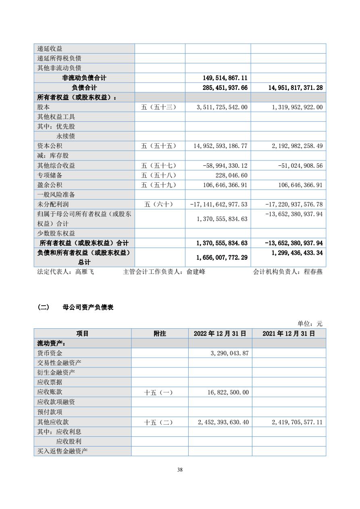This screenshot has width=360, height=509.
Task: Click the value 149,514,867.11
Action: click(221, 78)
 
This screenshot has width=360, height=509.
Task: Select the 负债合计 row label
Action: click(84, 88)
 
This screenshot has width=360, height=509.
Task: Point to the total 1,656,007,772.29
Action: click(221, 257)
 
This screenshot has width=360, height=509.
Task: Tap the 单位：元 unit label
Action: click(310, 323)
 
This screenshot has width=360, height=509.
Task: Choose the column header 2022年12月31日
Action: click(220, 334)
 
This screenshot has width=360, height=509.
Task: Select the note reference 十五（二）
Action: click(158, 422)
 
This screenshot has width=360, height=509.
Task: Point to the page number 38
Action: click(180, 469)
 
